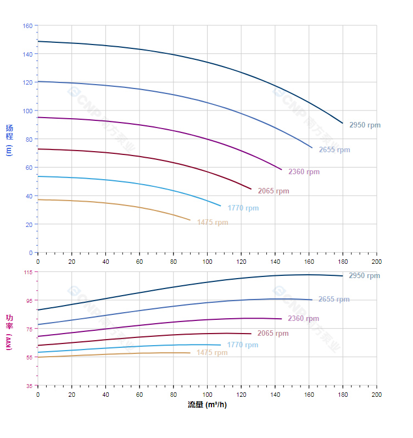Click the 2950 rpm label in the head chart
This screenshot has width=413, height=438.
coord(365,125)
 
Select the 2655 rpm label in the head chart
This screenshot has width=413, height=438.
coord(334,150)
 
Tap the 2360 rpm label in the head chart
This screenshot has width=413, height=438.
coord(304,172)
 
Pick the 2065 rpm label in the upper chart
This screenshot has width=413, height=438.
coord(274,191)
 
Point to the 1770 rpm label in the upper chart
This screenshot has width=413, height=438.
coord(243,208)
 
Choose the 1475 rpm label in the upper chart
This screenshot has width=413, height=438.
coord(213,223)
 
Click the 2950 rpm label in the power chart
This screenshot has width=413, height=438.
coord(364,276)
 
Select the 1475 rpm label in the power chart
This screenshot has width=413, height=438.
coord(212,353)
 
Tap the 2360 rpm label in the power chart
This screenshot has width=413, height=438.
coord(303,319)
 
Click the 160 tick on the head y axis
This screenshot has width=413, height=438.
coord(27,26)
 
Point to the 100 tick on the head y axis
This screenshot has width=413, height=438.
coord(27,111)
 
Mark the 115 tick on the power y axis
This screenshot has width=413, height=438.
coord(27,272)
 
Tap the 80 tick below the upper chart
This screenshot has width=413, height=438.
coord(174,262)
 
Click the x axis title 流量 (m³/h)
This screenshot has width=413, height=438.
coord(207,405)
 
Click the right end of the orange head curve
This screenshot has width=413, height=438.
coord(190,220)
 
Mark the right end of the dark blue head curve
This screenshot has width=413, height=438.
coord(343,123)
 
